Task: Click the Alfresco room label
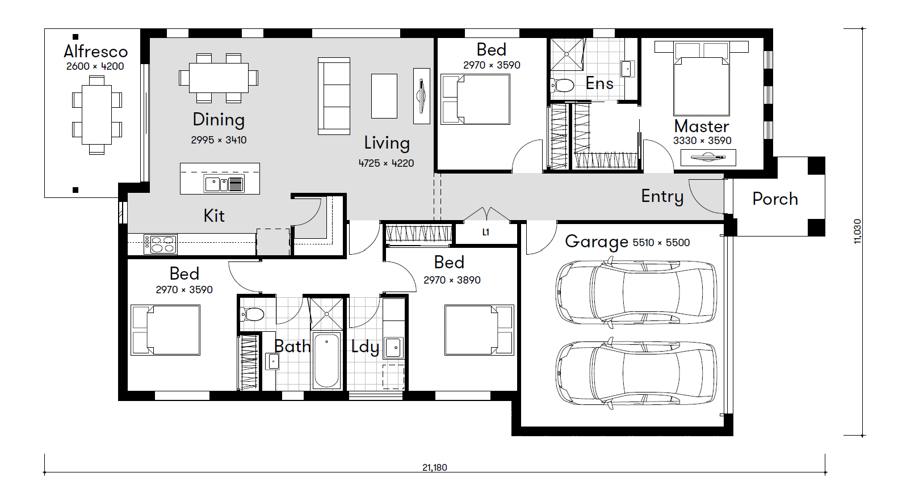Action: pos(95,52)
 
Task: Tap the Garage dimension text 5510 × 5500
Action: pos(661,242)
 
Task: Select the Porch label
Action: pos(775,199)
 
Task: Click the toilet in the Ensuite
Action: pos(563,85)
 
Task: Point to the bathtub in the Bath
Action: pos(326,361)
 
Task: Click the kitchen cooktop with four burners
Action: pos(160,244)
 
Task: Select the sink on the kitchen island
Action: pos(224,184)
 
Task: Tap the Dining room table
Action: pos(219,78)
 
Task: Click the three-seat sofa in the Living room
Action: pos(334,96)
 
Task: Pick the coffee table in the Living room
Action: pos(384,96)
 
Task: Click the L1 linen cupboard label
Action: pos(486,232)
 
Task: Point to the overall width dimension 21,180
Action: pos(435,467)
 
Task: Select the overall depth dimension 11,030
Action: pos(857,231)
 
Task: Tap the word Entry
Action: pos(662,196)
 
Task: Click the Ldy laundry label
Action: pos(365,347)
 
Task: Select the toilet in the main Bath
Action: pos(252,314)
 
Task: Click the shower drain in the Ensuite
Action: pos(567,54)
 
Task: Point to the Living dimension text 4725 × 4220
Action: pos(386,163)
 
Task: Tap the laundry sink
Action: pos(393,348)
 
